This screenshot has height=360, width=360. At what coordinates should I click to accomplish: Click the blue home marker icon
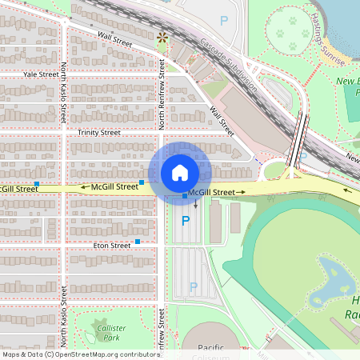tap(180, 172)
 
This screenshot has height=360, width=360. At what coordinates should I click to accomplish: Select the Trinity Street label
tap(98, 132)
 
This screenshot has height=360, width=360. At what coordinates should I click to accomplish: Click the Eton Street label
tap(110, 246)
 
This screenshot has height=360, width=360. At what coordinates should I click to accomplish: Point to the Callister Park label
tap(110, 333)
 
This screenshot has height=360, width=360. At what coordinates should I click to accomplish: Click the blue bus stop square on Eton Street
tap(138, 241)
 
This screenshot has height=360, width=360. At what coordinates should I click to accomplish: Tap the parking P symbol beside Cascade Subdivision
tap(224, 20)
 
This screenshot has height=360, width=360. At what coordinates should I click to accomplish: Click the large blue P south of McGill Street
tap(186, 221)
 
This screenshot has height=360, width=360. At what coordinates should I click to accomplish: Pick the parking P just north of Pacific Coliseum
tap(193, 286)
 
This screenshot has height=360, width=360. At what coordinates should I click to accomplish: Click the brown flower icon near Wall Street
tap(163, 37)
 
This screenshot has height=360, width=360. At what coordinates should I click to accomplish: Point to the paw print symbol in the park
tap(282, 34)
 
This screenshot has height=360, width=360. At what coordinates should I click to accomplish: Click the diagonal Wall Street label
tap(221, 118)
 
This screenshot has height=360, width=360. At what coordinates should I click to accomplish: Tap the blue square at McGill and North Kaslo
tap(37, 185)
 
